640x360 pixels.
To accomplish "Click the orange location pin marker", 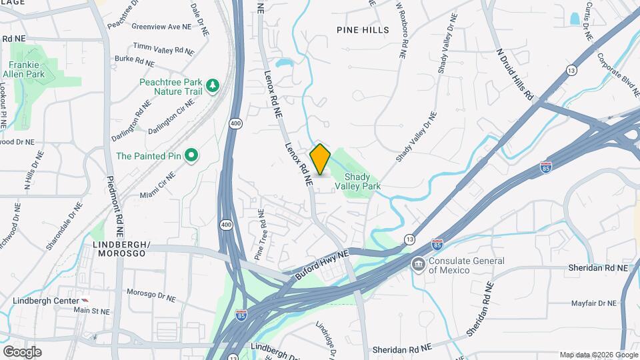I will pos(320,159).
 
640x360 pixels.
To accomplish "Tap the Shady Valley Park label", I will pos(363,181).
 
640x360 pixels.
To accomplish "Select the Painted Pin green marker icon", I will pos(191,156).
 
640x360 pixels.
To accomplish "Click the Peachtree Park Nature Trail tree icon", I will pos(213,85).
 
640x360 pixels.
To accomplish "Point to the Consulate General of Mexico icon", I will pos(418,265).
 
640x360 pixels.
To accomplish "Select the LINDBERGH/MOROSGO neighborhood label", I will pos(119,249).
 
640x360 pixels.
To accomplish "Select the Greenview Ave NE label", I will pos(161,27).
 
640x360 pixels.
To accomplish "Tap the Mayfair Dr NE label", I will pos(594,303).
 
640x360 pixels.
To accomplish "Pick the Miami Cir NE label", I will pos(157,185).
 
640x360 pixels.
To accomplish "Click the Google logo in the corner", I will pos(22,351).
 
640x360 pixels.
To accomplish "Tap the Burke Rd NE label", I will pos(134,61).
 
